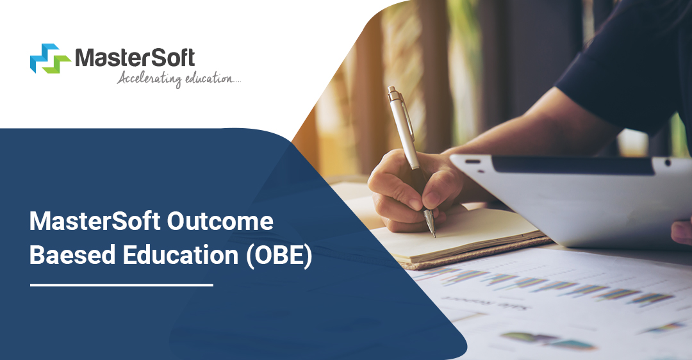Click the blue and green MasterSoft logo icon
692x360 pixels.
51,58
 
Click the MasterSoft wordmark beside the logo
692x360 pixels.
135,58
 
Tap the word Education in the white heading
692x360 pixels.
181,256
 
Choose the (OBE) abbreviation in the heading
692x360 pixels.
279,256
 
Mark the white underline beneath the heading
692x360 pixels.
122,285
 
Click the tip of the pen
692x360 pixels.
434,236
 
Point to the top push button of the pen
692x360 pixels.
391,89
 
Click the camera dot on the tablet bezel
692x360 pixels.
667,163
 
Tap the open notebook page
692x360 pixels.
459,234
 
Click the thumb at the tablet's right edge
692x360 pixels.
682,232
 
